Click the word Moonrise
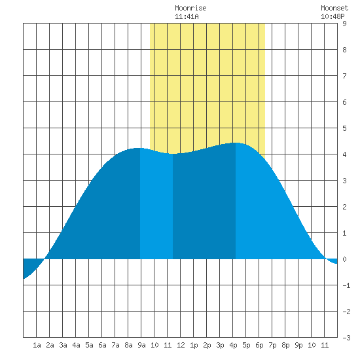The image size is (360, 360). click(190, 8)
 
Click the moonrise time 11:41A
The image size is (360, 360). click(187, 16)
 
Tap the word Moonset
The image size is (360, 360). click(334, 8)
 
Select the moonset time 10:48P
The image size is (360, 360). click(333, 16)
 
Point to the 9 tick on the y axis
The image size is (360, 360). click(344, 24)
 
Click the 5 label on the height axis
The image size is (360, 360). click(344, 128)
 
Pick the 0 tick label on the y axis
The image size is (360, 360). click(344, 259)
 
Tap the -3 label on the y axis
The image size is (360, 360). click(346, 338)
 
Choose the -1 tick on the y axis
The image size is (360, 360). click(346, 285)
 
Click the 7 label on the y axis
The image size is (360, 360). click(344, 76)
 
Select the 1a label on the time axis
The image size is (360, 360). click(37, 345)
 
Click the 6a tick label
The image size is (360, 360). click(102, 345)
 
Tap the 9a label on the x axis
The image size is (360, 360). click(141, 345)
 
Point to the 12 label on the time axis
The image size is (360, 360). click(181, 345)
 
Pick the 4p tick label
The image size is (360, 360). click(233, 345)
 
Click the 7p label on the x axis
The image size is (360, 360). click(272, 345)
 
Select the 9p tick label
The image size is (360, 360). click(298, 345)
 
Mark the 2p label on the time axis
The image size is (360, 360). click(207, 345)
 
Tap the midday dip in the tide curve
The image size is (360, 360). click(173, 154)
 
